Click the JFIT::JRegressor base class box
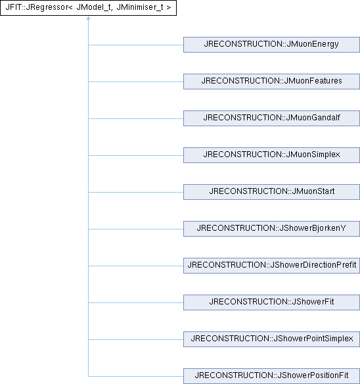pos(88,8)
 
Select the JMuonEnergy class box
pos(271,45)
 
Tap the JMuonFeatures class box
pos(271,82)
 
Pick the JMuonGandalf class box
pos(271,118)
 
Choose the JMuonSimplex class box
pos(271,155)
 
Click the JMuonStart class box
pos(271,192)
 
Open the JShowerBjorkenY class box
pos(271,229)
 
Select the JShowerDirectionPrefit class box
pos(271,266)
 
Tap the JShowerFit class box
pos(271,302)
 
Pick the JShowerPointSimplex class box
pos(271,339)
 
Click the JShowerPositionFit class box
pos(271,376)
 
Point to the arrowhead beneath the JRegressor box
pos(88,18)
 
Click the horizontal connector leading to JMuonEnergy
pos(136,45)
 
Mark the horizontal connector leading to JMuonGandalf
pos(136,118)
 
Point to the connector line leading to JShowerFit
pos(136,302)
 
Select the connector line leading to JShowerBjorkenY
pos(136,229)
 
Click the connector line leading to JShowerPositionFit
pos(136,376)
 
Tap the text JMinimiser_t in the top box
pos(140,7)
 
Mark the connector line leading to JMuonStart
pos(136,192)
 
